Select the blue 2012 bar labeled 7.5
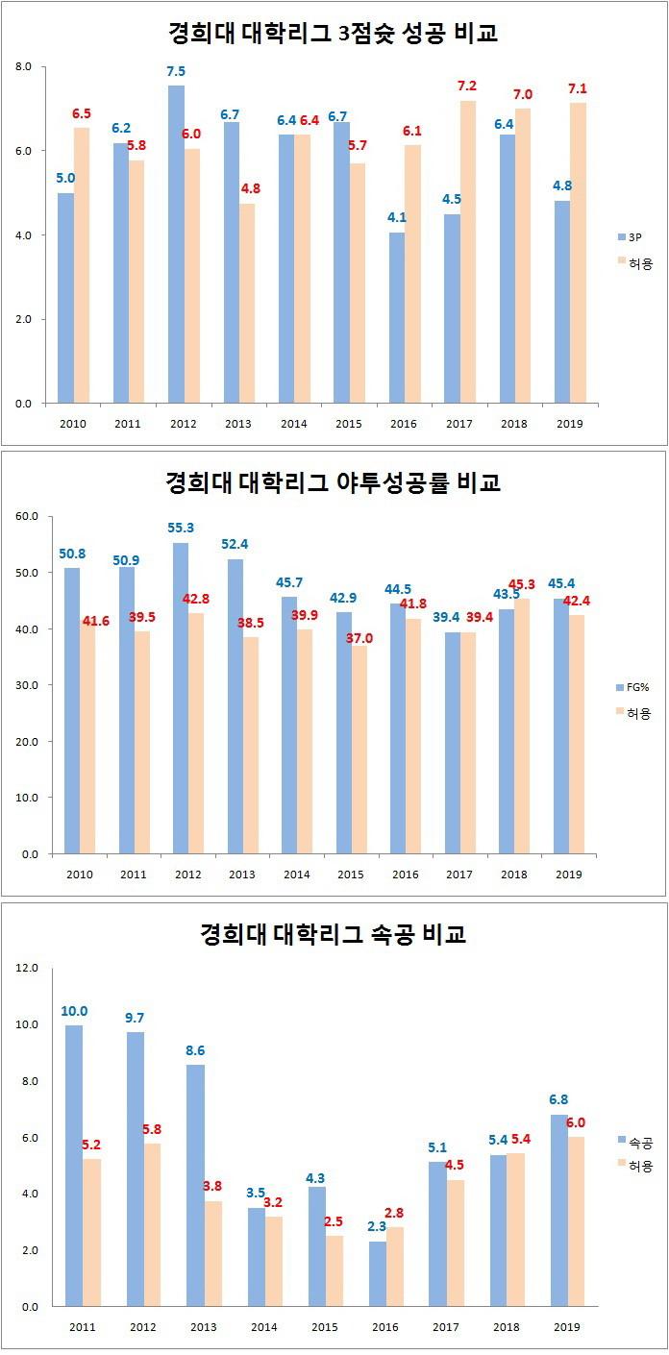[x=176, y=244]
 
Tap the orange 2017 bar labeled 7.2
[x=467, y=252]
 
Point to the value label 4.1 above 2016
[x=397, y=218]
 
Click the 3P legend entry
[x=633, y=235]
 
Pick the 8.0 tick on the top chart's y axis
[x=23, y=66]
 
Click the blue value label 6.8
[x=559, y=1098]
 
